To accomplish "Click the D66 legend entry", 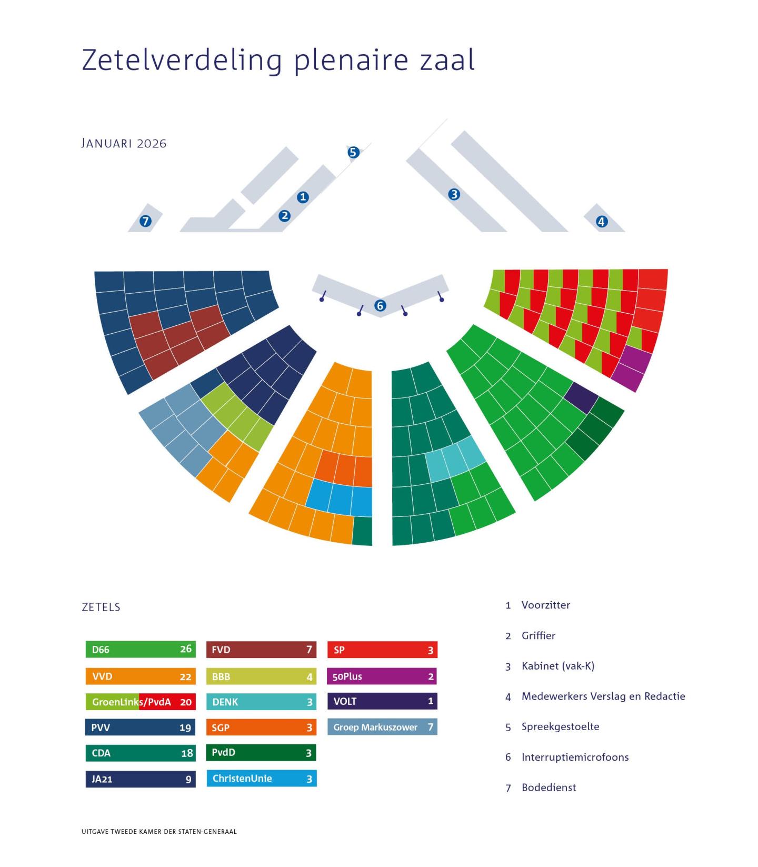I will coord(141,649).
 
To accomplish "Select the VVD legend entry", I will coord(141,676).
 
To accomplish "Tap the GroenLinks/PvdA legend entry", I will coord(141,702).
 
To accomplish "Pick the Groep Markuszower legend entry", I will coord(382,727).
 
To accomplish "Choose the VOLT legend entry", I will coord(382,701).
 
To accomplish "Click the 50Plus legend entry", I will coord(382,676).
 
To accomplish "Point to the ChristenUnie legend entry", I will coord(261,779).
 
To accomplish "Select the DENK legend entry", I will coord(261,702).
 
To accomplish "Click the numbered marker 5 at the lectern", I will coord(353,152).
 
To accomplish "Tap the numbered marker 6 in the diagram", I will coord(380,305).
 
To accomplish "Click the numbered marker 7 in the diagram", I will coord(145,221).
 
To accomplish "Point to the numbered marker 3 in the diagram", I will coord(454,194).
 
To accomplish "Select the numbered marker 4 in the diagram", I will coord(601,222).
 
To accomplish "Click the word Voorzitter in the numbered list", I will coord(545,605).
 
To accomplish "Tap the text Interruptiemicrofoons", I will coord(575,757).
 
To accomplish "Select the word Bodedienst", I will coord(548,788).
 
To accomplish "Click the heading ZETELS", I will coord(101,607).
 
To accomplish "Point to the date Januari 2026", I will coord(124,143).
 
